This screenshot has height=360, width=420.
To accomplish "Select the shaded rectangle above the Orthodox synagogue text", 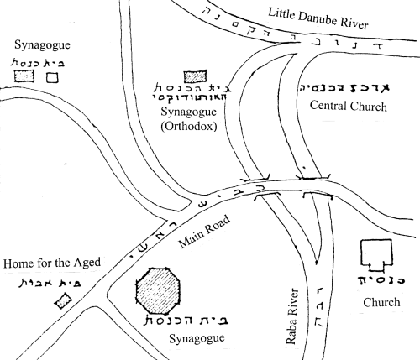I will [195, 78].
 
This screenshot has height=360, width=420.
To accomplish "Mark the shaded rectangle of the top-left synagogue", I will [23, 76].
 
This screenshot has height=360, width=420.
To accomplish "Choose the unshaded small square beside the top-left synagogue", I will [52, 77].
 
